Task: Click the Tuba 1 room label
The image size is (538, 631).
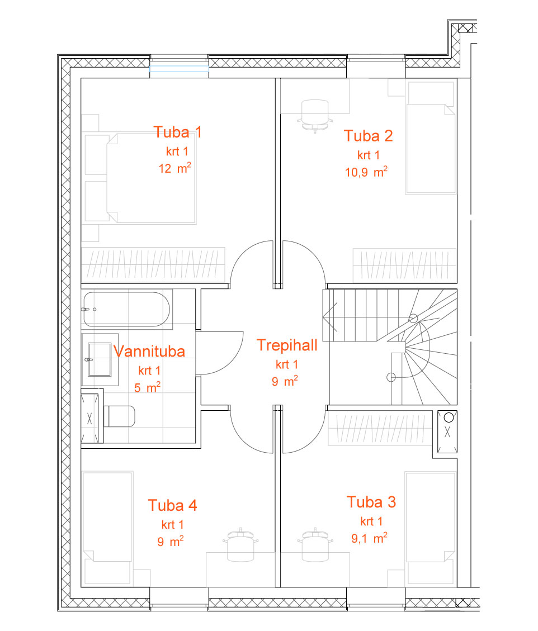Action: click(x=177, y=132)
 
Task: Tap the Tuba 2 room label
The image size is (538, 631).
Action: click(x=368, y=136)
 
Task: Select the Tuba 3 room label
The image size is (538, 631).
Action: click(x=371, y=502)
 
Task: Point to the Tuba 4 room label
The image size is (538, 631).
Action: click(x=172, y=505)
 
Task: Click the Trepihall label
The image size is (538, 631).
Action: click(x=287, y=345)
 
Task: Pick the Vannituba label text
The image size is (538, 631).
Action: click(x=149, y=352)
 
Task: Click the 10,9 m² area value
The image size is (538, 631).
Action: click(x=366, y=172)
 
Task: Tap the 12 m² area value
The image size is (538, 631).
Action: click(x=175, y=168)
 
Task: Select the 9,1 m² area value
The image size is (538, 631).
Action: click(x=369, y=538)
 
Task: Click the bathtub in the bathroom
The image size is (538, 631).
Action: click(x=126, y=309)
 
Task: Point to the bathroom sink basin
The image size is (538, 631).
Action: click(x=100, y=359)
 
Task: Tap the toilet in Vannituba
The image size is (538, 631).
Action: click(x=119, y=416)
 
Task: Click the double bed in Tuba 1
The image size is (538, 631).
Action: click(x=151, y=178)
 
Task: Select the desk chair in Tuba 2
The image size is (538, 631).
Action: click(x=315, y=116)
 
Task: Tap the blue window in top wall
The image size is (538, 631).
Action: click(x=179, y=69)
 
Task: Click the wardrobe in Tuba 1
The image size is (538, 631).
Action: click(x=153, y=264)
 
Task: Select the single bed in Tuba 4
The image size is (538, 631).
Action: click(x=107, y=527)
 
